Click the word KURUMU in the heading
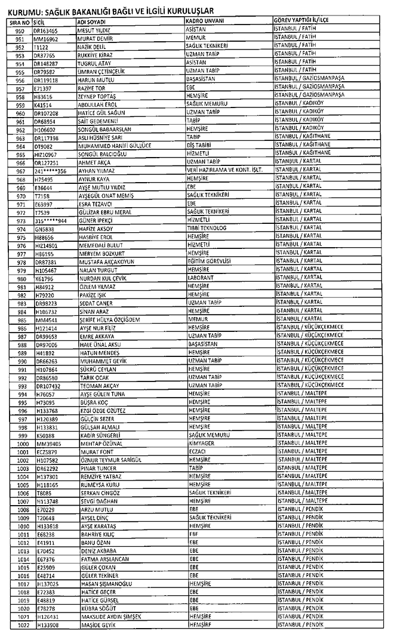[x=22, y=11]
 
